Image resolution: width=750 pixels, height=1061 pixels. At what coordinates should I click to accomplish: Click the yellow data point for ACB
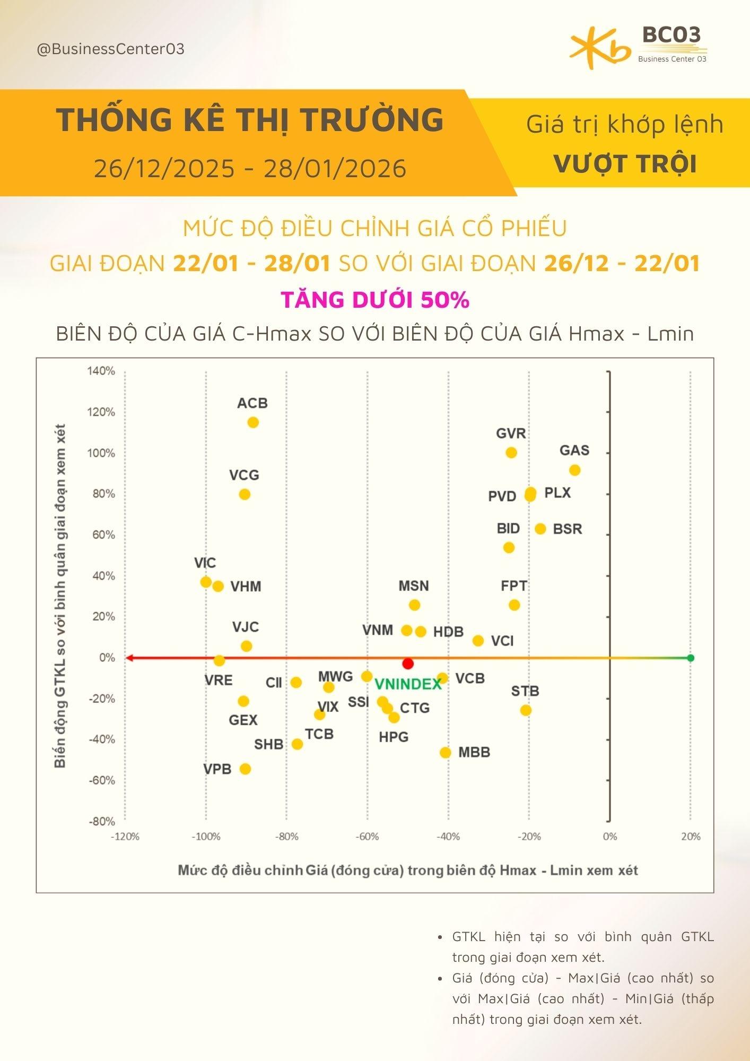[x=253, y=422]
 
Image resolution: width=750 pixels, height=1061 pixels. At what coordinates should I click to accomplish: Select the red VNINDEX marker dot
[x=408, y=664]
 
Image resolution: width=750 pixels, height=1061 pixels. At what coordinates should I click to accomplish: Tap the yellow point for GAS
[x=574, y=470]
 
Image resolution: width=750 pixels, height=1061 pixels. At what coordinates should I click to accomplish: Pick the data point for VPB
[x=245, y=769]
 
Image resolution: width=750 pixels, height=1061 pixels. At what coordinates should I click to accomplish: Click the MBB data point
[x=446, y=752]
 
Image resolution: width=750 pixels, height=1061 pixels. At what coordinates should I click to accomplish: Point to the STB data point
[x=526, y=710]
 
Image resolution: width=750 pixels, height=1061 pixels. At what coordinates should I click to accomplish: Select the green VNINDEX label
[x=408, y=684]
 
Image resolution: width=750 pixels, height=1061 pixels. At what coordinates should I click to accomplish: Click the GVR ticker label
[x=511, y=433]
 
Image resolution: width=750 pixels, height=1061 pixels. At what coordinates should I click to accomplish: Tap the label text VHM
[x=246, y=586]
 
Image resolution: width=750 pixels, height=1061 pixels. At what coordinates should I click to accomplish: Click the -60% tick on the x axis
[x=367, y=837]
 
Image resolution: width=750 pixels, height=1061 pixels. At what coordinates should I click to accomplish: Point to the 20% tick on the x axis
[x=690, y=837]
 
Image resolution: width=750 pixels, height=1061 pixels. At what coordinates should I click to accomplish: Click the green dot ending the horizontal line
[x=690, y=658]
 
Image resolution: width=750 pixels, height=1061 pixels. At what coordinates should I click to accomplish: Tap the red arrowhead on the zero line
[x=129, y=658]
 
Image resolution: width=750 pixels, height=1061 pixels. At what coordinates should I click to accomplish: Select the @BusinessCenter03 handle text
[x=110, y=49]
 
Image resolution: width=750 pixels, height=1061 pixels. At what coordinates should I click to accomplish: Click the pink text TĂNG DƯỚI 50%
[x=375, y=300]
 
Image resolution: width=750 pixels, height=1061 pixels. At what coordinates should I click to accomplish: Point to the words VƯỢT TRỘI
[x=625, y=163]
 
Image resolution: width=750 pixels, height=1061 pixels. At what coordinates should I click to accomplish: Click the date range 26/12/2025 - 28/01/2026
[x=250, y=169]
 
